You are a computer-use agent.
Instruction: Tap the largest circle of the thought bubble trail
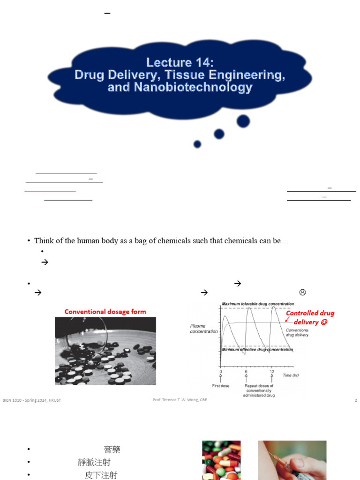pyautogui.click(x=243, y=121)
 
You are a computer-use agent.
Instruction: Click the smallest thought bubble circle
pyautogui.click(x=197, y=144)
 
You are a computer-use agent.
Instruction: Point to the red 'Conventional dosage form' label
pyautogui.click(x=105, y=312)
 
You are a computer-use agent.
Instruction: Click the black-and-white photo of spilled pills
pyautogui.click(x=105, y=351)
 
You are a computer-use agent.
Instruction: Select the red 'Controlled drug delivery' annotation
pyautogui.click(x=310, y=317)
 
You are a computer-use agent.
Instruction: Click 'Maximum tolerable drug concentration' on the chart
pyautogui.click(x=258, y=304)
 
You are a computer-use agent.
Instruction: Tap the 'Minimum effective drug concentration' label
pyautogui.click(x=257, y=349)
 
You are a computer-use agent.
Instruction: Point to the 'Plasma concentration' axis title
pyautogui.click(x=203, y=329)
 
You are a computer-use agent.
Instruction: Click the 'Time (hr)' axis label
pyautogui.click(x=290, y=375)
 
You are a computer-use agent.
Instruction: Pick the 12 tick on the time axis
pyautogui.click(x=271, y=371)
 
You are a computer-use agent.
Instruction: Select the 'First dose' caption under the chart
pyautogui.click(x=220, y=386)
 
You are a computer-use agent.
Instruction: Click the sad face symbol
pyautogui.click(x=302, y=292)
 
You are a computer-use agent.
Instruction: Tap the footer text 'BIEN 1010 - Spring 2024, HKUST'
pyautogui.click(x=32, y=400)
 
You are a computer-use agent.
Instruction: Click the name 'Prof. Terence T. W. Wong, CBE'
pyautogui.click(x=180, y=400)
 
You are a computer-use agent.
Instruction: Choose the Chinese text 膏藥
pyautogui.click(x=112, y=450)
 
